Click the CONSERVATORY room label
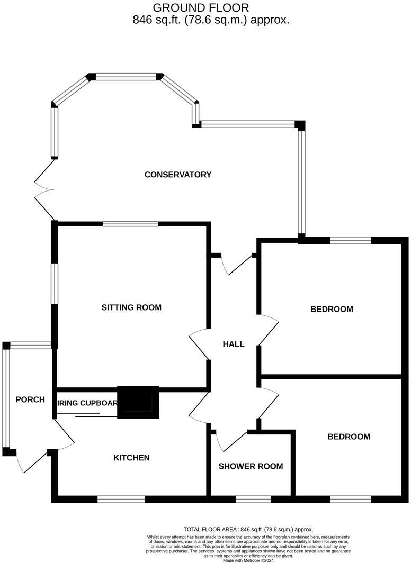178,175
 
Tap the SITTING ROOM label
131,307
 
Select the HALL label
234,344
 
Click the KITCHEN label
131,458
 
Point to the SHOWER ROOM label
251,466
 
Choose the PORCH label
30,399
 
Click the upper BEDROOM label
332,309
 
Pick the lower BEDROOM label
349,437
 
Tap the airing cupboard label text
86,403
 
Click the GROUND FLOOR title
201,7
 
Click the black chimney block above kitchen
138,403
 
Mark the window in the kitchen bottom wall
121,498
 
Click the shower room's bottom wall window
253,498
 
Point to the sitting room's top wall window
130,224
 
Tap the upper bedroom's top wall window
351,240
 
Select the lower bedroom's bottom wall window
351,498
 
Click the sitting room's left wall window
54,284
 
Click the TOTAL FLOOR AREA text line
248,529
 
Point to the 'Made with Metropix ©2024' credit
248,560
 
